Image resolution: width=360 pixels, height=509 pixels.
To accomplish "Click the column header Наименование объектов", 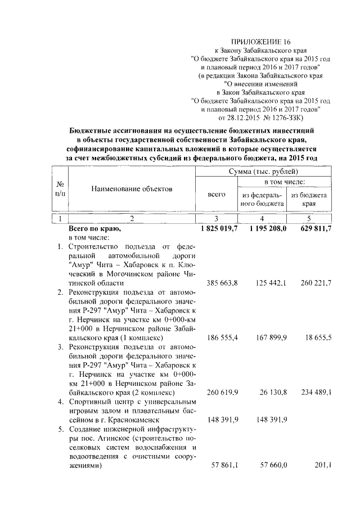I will point(132,189).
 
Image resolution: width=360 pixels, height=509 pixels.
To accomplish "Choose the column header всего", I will point(217,194).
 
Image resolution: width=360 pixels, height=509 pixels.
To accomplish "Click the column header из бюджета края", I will point(309,199).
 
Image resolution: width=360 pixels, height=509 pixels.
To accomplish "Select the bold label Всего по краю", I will point(94,229).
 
